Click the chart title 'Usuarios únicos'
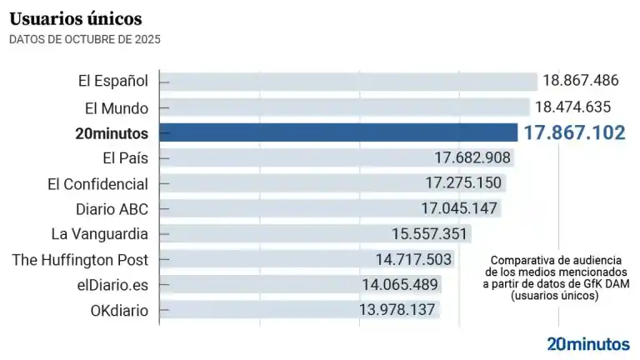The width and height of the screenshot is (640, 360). click(76, 18)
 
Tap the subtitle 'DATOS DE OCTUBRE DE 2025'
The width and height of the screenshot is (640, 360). click(85, 39)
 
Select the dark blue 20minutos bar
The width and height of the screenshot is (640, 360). click(337, 132)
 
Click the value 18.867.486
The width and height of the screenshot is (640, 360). click(580, 81)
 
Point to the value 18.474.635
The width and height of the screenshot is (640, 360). click(573, 107)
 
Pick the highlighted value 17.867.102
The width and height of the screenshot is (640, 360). click(573, 132)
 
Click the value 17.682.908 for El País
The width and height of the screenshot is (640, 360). click(472, 157)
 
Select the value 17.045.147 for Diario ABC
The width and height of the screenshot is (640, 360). click(459, 208)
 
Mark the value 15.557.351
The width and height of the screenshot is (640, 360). click(431, 234)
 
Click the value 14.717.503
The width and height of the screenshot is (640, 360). click(413, 260)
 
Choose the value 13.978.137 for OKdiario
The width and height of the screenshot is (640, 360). click(397, 311)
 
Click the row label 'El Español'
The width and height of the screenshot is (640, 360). click(112, 81)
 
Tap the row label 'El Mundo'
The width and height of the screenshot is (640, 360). click(117, 107)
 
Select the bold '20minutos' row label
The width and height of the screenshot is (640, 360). click(110, 132)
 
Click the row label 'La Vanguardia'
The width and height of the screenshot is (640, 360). click(99, 234)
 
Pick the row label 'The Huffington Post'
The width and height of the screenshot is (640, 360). click(80, 260)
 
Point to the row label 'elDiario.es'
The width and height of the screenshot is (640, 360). click(111, 285)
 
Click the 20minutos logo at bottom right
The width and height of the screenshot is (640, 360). click(588, 342)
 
